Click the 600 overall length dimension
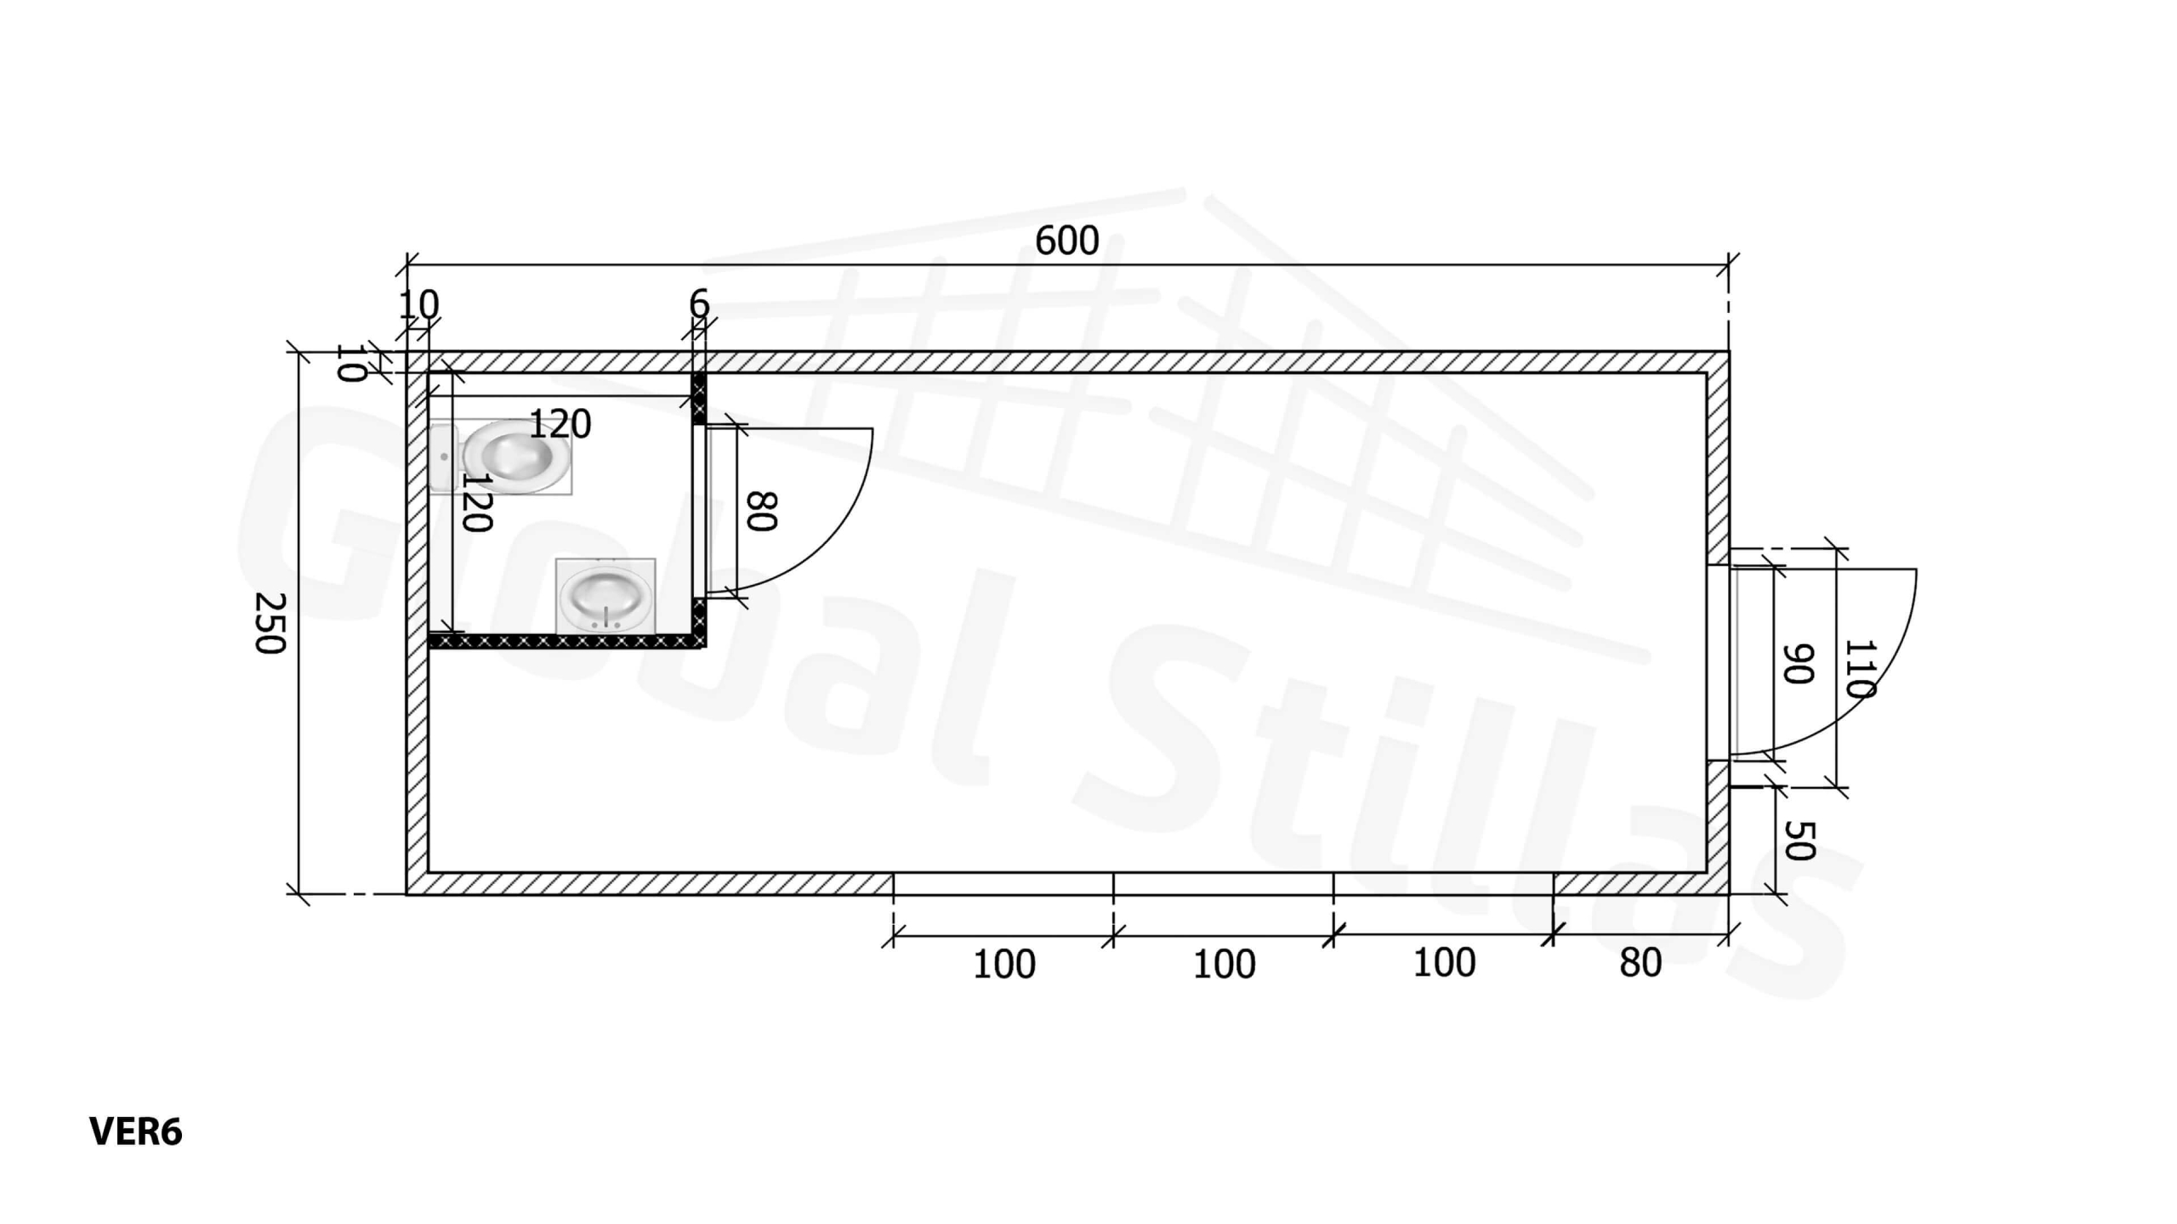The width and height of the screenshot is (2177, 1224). coord(1066,241)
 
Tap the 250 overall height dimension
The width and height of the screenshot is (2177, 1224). coord(270,623)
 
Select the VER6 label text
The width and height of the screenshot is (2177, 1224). coord(135,1132)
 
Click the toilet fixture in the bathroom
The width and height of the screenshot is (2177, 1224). coord(501,456)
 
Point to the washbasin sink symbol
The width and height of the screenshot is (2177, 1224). coord(605,596)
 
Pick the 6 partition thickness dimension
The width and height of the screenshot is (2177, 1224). coord(699,303)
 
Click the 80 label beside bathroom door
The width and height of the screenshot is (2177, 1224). coord(762,511)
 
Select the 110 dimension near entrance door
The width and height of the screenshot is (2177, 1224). coord(1860,668)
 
